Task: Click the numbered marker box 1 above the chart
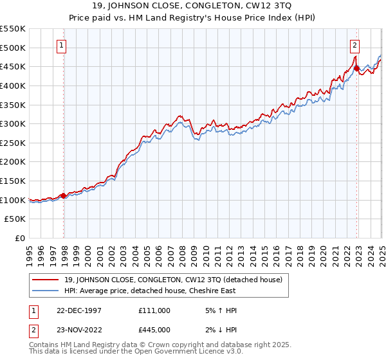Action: point(62,45)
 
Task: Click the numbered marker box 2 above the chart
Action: point(354,45)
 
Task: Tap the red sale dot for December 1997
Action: point(64,195)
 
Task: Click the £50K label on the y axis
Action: point(15,219)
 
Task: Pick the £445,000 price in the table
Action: point(154,330)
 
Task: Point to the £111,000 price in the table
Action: point(154,310)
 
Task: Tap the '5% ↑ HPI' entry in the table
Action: point(220,310)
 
